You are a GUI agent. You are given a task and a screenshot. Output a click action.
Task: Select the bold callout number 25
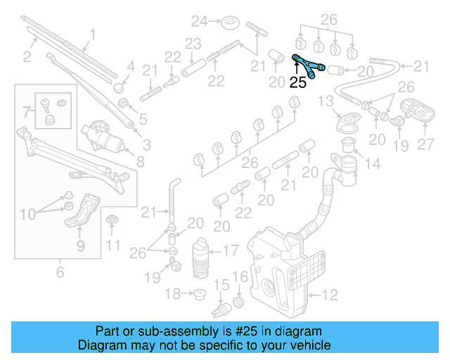click(x=298, y=82)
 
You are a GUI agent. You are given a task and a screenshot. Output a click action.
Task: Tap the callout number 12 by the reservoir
click(x=330, y=294)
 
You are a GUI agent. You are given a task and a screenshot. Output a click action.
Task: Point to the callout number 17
click(x=231, y=249)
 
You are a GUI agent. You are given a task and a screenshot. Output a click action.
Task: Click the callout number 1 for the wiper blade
click(x=91, y=34)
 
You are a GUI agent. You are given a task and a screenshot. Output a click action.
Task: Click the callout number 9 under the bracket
click(x=80, y=245)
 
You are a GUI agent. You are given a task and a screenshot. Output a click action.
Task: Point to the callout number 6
click(x=60, y=271)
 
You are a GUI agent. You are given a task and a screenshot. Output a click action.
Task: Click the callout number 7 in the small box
click(x=27, y=111)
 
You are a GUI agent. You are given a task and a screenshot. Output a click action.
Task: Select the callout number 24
click(x=201, y=20)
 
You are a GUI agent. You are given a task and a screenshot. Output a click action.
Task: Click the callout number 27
click(x=426, y=145)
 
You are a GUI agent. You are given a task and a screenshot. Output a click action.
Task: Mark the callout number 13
click(x=326, y=102)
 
